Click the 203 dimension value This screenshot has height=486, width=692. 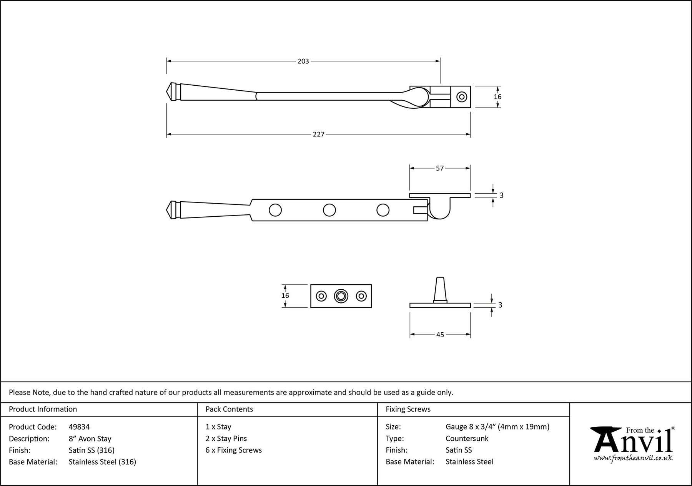[303, 61]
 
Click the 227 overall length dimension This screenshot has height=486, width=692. [319, 134]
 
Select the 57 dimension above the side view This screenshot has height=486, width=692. [440, 168]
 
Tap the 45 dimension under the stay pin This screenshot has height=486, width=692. [440, 335]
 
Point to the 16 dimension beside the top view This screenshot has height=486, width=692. [497, 97]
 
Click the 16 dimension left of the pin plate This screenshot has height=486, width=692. [285, 296]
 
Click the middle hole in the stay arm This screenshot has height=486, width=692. [329, 210]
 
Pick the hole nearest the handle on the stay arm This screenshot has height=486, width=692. [275, 210]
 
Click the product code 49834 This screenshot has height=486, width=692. [79, 427]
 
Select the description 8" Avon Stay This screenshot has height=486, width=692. [90, 439]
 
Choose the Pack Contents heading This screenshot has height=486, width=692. [229, 410]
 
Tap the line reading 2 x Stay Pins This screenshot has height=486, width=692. [226, 439]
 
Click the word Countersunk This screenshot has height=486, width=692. [467, 439]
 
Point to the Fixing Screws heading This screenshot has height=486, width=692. [408, 410]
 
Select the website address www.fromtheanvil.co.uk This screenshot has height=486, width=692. [633, 458]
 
